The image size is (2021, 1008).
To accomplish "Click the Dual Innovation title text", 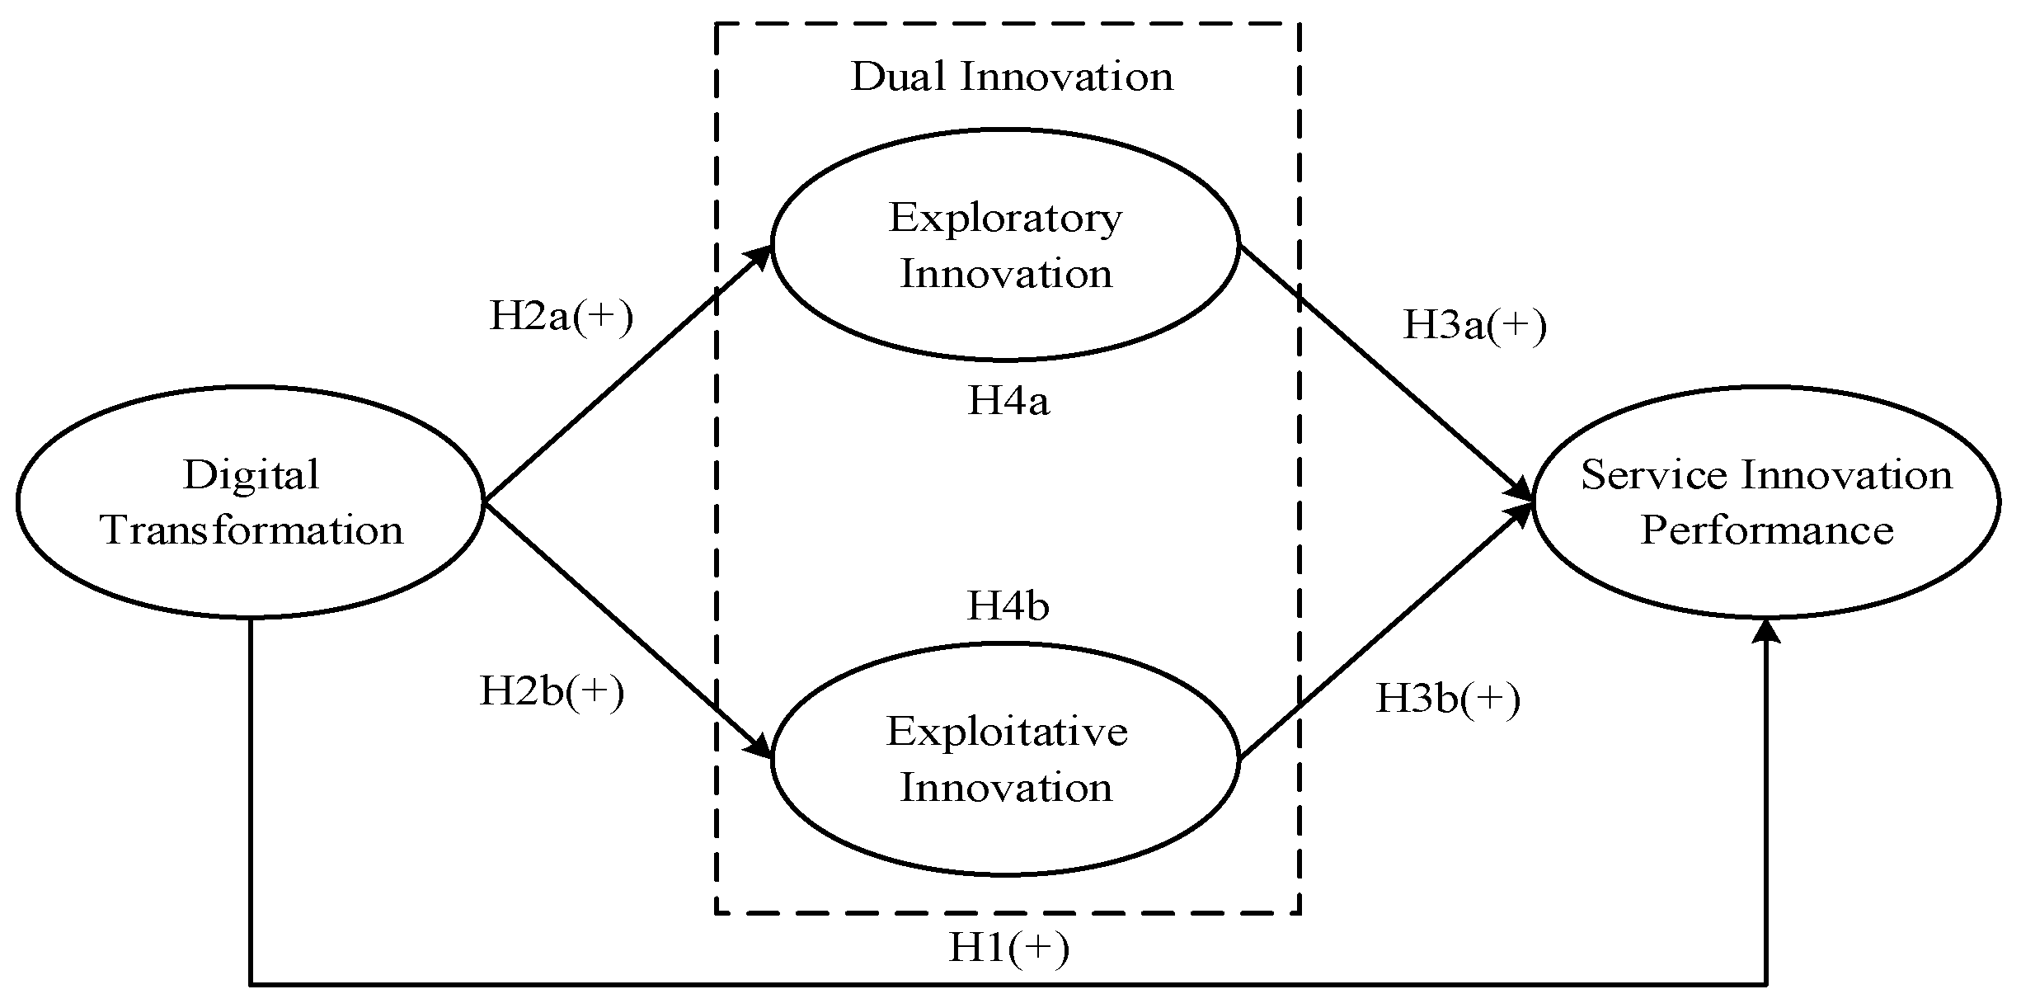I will click(1012, 78).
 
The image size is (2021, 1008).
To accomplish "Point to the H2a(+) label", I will click(561, 317).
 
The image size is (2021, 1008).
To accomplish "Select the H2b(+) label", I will click(552, 691).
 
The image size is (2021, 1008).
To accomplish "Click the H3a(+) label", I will click(1474, 326).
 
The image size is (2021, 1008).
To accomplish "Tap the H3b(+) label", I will click(1448, 699).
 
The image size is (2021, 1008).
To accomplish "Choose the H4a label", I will click(1008, 402).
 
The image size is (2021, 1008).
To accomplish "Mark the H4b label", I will click(1008, 606).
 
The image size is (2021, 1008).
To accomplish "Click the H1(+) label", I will click(1008, 948).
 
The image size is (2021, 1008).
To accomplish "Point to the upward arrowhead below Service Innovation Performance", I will click(1765, 631).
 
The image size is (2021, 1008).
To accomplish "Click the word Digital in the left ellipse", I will click(251, 475).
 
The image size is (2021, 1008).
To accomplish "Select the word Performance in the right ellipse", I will click(1766, 530).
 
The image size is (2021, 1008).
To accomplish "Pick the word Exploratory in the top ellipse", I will click(1005, 219).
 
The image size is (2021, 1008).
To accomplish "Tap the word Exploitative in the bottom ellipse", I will click(1006, 732).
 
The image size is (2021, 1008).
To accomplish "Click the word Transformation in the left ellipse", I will click(251, 530).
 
